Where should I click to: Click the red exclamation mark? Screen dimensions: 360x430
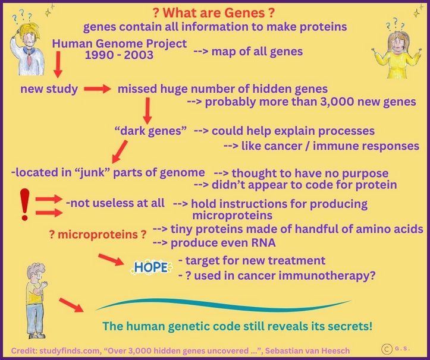pos(24,204)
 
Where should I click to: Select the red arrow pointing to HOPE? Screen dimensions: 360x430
pos(111,260)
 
